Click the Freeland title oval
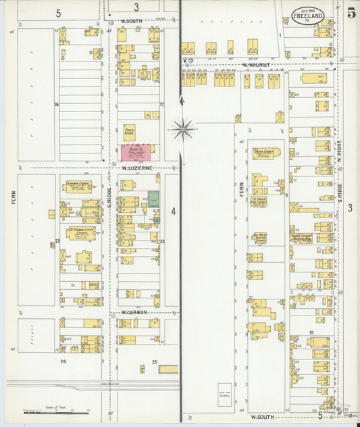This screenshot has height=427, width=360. coord(308,15)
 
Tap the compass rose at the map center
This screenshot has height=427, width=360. coord(183,127)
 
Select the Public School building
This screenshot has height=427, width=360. coord(129,132)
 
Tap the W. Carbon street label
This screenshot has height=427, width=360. coord(134,313)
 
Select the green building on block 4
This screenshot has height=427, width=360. coord(154,199)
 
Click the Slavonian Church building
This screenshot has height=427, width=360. coord(78,186)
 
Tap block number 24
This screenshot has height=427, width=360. coord(63,362)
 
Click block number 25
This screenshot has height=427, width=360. coord(154,363)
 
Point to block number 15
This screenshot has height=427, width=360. coord(311,333)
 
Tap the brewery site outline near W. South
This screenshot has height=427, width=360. coord(224,395)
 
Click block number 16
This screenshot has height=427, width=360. coord(57,105)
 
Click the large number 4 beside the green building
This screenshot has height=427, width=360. coord(173,211)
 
